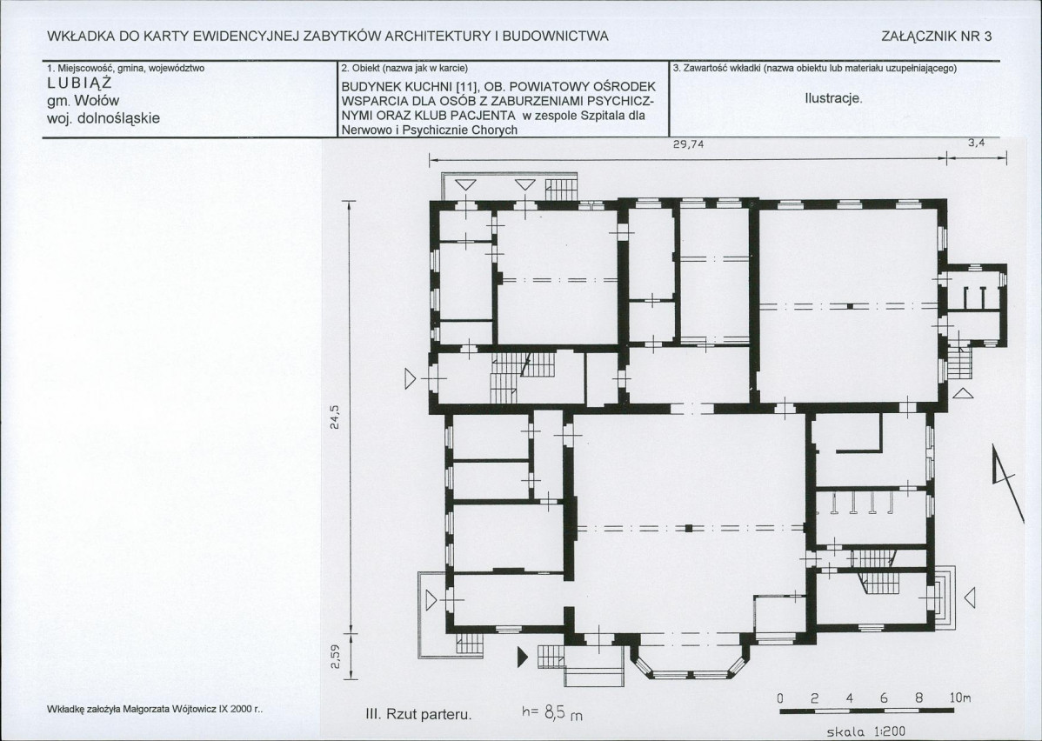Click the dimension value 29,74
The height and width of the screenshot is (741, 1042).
coord(689,144)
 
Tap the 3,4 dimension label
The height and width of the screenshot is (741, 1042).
coord(976,143)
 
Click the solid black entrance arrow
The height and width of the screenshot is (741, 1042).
coord(523,658)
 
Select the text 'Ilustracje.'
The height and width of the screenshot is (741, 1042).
coord(833,99)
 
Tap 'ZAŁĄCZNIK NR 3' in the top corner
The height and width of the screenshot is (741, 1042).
coord(937,37)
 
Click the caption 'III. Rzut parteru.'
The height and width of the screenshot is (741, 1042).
coord(418,715)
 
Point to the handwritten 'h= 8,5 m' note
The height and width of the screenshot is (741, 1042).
coord(552,714)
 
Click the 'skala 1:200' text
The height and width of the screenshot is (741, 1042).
coord(866,731)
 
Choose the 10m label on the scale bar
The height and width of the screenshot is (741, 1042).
coord(960,698)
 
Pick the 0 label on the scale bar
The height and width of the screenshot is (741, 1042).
coord(781,699)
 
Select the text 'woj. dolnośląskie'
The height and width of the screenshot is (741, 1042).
coord(104,118)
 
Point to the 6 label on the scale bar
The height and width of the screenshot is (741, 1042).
coord(884,698)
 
